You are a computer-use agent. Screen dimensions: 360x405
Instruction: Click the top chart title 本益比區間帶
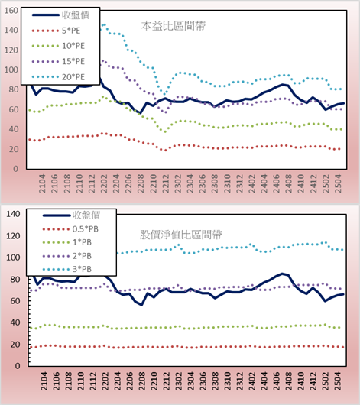[x=174, y=26]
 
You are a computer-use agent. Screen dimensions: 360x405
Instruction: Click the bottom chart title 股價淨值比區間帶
[x=181, y=235]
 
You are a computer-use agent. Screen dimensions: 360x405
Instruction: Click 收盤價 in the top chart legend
[x=76, y=15]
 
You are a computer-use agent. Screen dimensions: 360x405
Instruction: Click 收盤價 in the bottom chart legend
[x=86, y=215]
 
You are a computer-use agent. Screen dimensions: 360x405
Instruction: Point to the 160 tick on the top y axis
[x=11, y=11]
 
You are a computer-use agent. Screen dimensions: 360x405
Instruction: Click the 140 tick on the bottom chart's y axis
[x=13, y=214]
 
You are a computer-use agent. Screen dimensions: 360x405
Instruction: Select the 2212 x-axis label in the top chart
[x=165, y=183]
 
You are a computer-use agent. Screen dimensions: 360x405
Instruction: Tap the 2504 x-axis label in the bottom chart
[x=338, y=381]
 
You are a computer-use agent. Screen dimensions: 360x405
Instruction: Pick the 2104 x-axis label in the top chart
[x=42, y=183]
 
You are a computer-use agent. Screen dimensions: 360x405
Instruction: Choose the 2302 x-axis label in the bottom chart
[x=178, y=381]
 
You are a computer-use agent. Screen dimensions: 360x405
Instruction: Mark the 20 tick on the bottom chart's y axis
[x=15, y=345]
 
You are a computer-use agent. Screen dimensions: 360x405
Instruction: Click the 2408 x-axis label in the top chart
[x=288, y=183]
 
